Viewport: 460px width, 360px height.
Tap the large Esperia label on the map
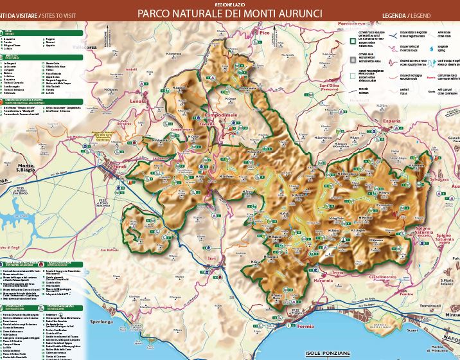point(391,102)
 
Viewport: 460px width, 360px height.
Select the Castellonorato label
point(382,276)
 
